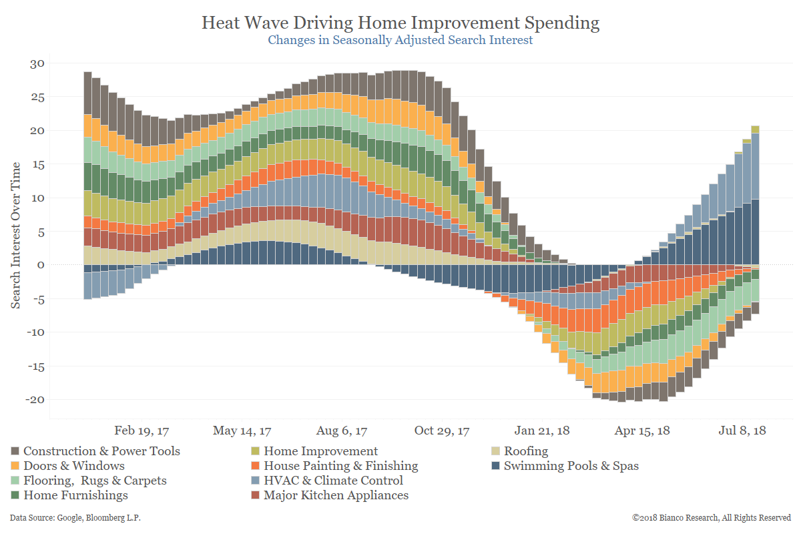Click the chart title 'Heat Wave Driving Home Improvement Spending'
(x=400, y=23)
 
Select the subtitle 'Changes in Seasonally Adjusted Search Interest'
(x=400, y=40)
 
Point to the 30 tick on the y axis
(x=36, y=63)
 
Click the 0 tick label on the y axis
(x=40, y=265)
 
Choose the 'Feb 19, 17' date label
(x=142, y=431)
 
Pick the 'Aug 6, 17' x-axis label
(x=342, y=431)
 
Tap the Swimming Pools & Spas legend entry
(x=571, y=466)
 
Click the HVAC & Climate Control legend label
(x=333, y=481)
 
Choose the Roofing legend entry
(x=526, y=451)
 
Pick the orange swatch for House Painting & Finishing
(x=255, y=466)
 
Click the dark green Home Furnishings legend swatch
(x=15, y=495)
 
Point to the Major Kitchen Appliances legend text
(x=336, y=495)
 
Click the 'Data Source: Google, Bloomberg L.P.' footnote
(x=75, y=518)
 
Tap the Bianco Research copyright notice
(x=712, y=518)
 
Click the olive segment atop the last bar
(x=755, y=129)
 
